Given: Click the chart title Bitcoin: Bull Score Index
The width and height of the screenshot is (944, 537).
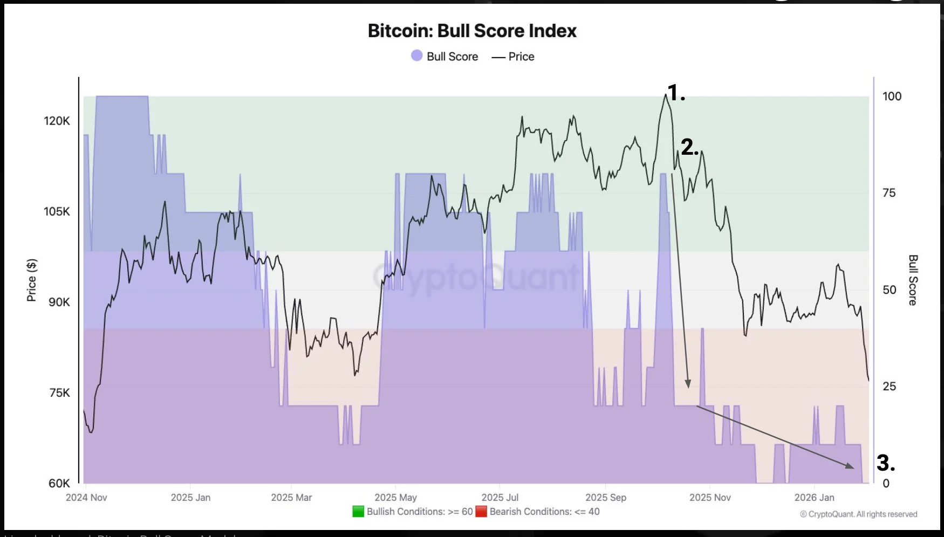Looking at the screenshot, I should [472, 31].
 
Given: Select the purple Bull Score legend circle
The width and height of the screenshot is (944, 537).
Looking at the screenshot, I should [416, 56].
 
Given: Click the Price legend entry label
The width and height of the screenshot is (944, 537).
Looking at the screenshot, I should [521, 57].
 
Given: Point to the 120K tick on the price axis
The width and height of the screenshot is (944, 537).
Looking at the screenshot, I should [57, 121].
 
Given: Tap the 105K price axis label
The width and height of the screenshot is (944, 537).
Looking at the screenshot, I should [57, 211].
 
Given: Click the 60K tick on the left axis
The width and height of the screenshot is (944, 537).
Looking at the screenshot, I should [59, 483].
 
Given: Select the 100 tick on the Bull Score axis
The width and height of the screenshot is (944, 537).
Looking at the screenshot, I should [892, 96].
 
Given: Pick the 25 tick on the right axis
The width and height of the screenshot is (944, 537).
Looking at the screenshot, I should [889, 386].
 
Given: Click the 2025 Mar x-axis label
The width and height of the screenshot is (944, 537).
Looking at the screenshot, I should [291, 497].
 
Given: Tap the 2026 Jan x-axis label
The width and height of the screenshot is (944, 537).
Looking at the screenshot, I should [814, 497].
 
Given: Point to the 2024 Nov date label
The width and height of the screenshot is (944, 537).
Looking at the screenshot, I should [86, 497].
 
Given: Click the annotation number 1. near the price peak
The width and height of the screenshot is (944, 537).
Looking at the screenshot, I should [676, 93].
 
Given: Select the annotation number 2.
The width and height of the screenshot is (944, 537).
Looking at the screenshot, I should [689, 147].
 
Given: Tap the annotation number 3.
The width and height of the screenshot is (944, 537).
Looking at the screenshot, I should [885, 463].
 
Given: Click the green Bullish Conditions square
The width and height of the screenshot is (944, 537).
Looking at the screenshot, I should [358, 511].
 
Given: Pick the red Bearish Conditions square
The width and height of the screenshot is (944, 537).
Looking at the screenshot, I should [481, 511].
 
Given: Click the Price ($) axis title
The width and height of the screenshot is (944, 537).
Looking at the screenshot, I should [32, 280].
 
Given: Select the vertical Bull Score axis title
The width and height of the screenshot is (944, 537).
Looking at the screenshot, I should [913, 280].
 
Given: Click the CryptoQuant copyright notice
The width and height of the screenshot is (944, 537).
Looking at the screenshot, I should [858, 514].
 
